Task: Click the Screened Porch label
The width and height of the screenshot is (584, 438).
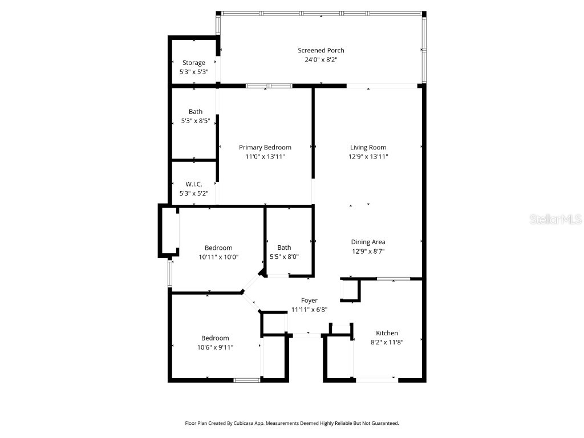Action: (x=321, y=50)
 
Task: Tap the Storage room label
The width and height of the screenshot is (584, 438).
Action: (x=194, y=63)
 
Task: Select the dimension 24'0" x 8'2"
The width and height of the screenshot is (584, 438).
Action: (x=321, y=59)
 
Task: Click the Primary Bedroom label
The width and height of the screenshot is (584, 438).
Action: (x=265, y=147)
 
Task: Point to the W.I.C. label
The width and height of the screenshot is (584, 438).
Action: (x=194, y=184)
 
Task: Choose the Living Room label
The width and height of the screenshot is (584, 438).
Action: (x=368, y=147)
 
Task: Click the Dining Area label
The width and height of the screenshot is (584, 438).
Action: (x=368, y=242)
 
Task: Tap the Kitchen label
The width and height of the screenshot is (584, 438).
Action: (x=387, y=333)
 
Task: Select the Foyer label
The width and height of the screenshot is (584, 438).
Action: (x=309, y=301)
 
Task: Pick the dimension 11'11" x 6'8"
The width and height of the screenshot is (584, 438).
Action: (x=309, y=310)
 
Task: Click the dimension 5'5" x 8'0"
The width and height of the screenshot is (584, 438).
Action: (x=284, y=257)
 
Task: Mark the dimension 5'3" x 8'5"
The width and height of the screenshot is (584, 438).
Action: (x=195, y=121)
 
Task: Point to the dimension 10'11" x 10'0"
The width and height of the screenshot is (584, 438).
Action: (x=218, y=257)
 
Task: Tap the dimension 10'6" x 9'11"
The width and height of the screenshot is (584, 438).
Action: (x=215, y=347)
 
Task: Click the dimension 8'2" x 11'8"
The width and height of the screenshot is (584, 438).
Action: (x=387, y=342)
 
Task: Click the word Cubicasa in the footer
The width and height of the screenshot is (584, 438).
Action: (x=242, y=424)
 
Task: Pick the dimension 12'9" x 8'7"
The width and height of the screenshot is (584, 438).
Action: (x=368, y=251)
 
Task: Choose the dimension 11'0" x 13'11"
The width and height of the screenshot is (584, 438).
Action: (x=265, y=156)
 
